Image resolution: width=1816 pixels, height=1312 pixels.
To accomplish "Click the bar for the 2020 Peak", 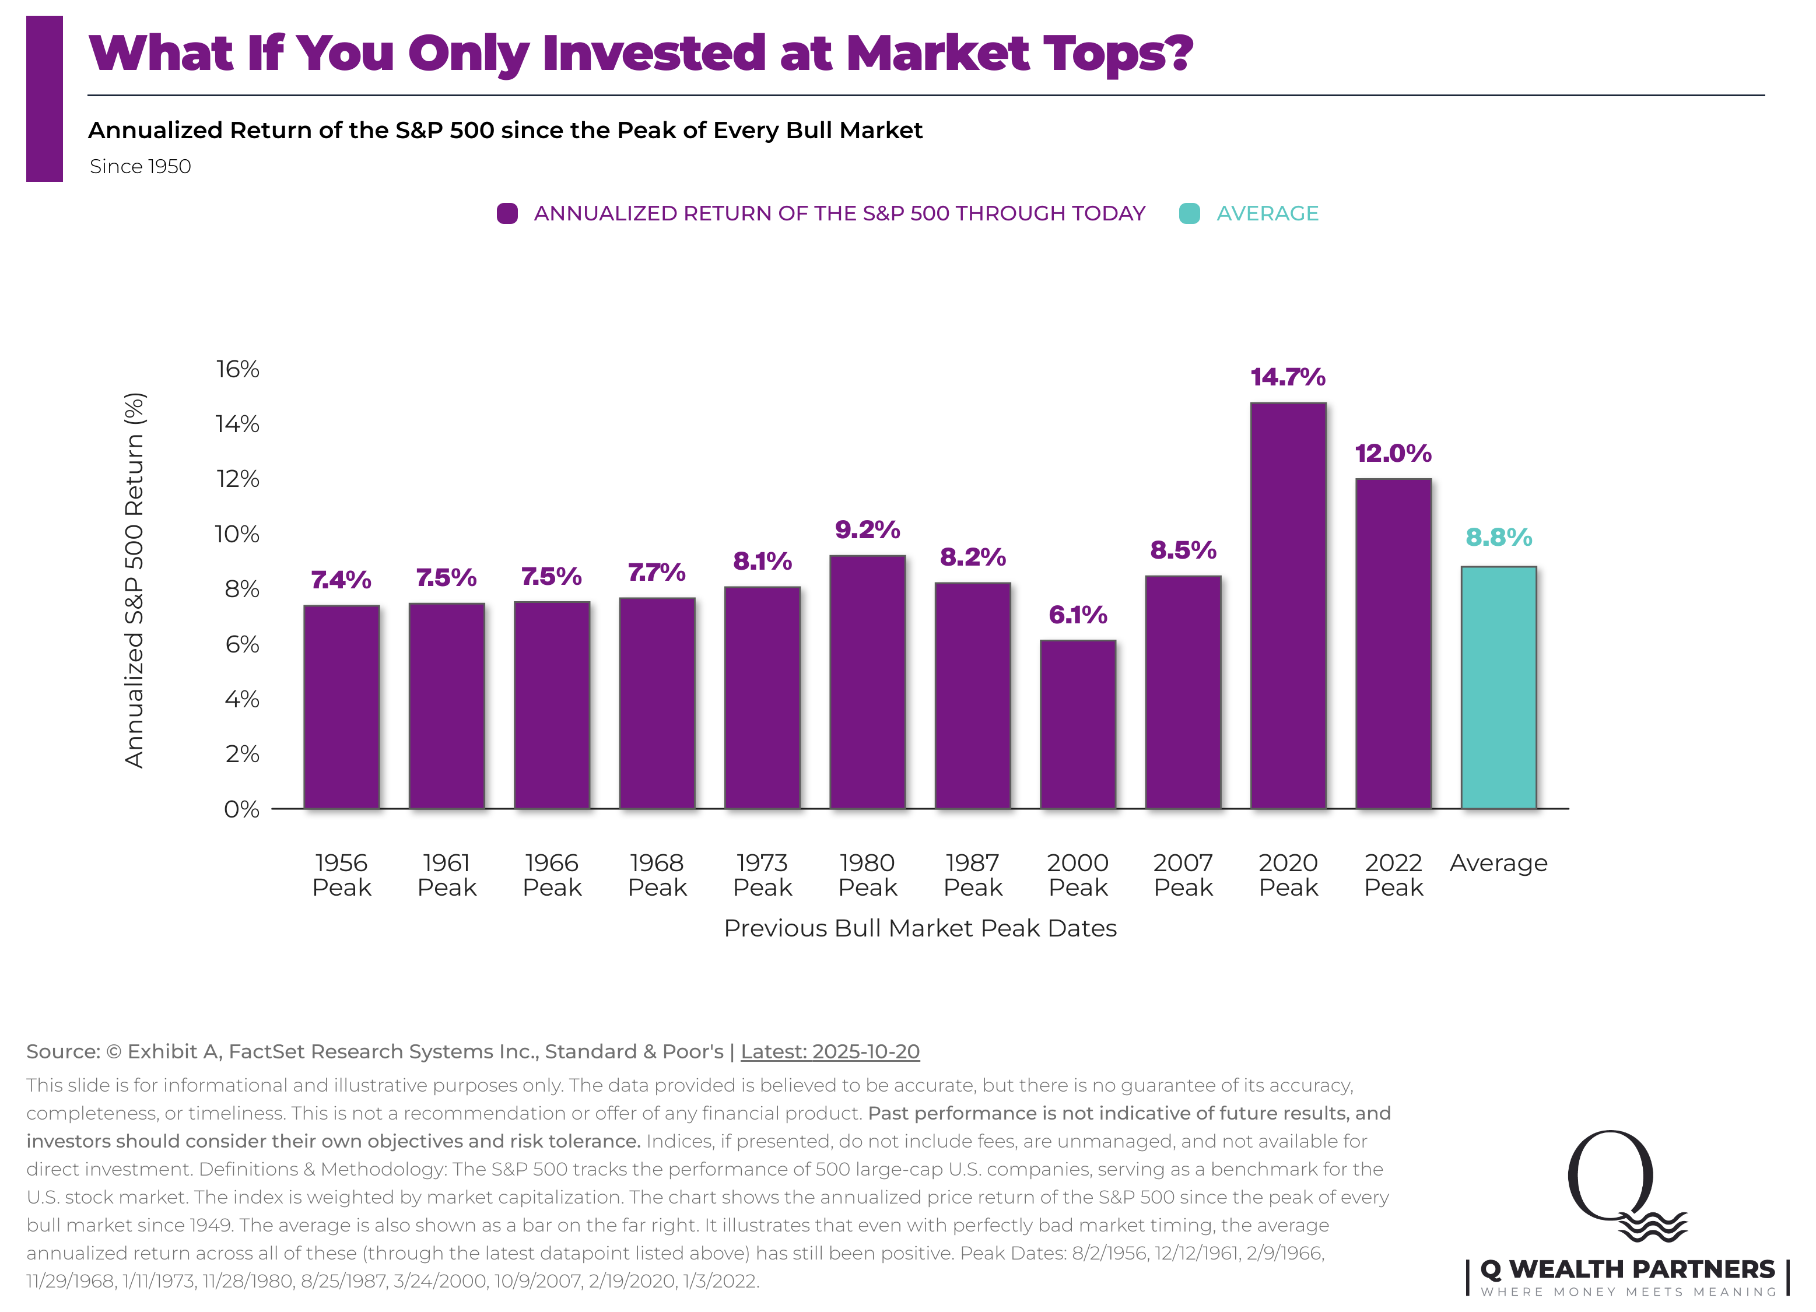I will point(1288,606).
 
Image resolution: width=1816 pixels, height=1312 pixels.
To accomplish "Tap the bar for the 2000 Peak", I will point(1078,724).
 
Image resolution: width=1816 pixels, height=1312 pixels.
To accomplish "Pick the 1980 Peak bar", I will point(867,682).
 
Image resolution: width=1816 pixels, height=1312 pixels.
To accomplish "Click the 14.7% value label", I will point(1288,377).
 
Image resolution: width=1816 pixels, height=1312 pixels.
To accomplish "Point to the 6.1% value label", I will point(1078,615).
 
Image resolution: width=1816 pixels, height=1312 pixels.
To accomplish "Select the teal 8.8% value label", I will point(1498,537).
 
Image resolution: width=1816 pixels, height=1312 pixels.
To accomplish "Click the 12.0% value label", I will point(1393,454).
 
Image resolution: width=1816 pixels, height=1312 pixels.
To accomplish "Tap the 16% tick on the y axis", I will point(238,369).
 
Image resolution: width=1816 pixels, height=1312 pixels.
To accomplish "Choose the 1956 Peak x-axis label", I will point(342,875).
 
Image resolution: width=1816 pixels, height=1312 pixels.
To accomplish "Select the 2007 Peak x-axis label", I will point(1183,875).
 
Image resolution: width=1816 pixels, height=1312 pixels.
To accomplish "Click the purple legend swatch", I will point(507,214).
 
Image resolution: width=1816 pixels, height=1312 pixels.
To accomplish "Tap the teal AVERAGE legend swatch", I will point(1189,214).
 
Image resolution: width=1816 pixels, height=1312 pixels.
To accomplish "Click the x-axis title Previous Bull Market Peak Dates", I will point(920,928).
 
